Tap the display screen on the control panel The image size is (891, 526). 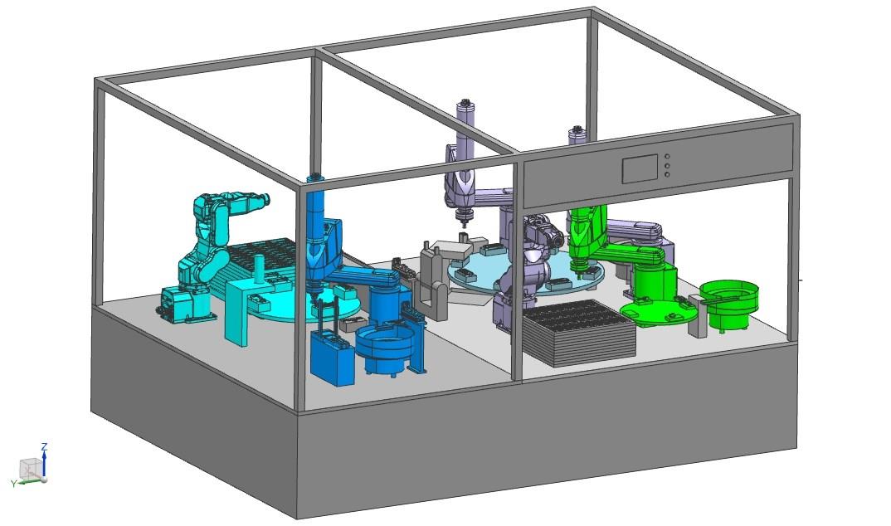coord(640,168)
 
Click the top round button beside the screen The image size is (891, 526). coord(667,156)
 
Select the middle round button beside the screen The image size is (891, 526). coord(667,165)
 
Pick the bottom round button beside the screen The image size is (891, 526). coord(667,174)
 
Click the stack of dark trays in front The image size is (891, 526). coord(577,332)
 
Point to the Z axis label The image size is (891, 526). coord(44,446)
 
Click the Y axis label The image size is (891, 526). coord(13,484)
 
